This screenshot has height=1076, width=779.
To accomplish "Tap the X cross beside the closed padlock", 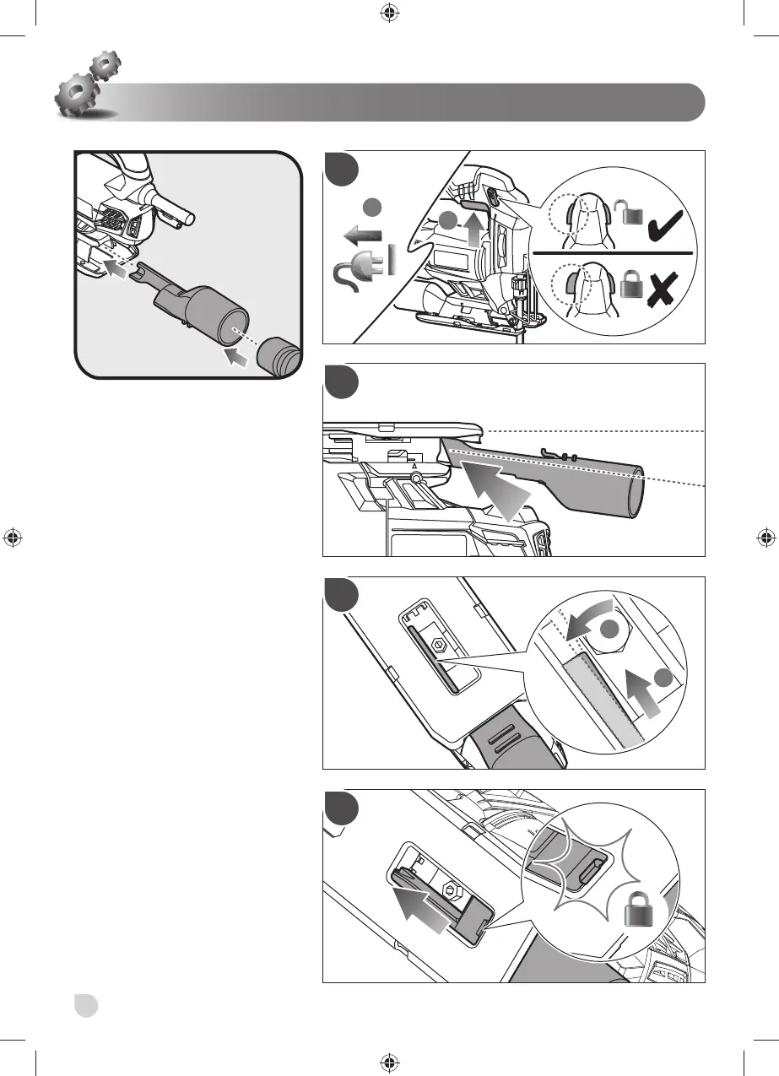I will pos(663,292).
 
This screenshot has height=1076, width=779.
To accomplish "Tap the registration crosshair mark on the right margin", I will pos(765,538).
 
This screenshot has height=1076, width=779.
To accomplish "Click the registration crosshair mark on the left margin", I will pos(13,538).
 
